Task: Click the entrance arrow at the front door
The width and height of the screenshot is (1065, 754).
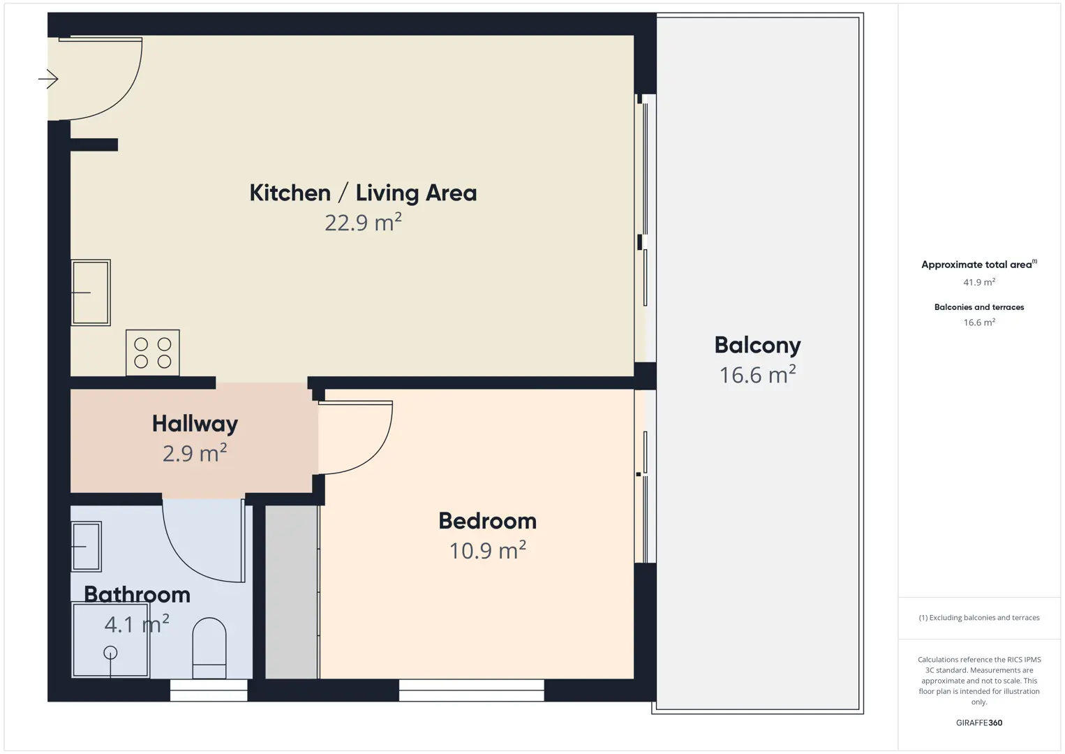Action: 48,79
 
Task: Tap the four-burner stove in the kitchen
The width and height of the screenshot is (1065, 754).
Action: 153,353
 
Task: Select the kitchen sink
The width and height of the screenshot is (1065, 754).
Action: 91,293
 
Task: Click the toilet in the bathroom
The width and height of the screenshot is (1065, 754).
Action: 209,648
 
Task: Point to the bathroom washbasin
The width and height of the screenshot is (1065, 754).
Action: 87,546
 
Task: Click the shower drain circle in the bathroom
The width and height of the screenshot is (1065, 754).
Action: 110,653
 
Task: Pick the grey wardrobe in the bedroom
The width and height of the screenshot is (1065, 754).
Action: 292,592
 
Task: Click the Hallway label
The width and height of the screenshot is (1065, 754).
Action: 195,423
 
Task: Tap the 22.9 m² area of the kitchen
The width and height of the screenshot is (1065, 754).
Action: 363,223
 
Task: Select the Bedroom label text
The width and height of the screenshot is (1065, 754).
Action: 487,521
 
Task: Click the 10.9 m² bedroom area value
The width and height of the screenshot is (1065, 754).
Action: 487,551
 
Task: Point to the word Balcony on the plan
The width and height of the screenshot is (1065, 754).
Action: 757,346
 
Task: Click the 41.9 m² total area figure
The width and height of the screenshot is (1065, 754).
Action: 979,282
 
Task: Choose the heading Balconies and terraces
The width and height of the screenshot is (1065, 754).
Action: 979,307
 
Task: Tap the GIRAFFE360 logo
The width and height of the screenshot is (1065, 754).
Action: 979,723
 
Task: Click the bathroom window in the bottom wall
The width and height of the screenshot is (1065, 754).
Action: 209,690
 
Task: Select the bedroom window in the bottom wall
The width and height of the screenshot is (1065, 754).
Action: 471,690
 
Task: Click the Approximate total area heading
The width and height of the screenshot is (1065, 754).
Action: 979,265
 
